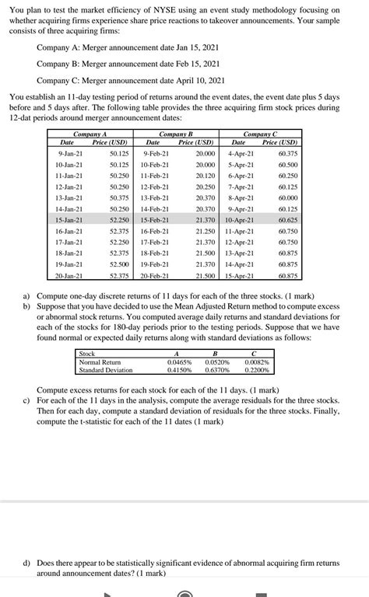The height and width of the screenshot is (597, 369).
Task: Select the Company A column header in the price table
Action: pyautogui.click(x=90, y=135)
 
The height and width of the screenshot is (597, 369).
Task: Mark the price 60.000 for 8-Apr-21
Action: pyautogui.click(x=287, y=198)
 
